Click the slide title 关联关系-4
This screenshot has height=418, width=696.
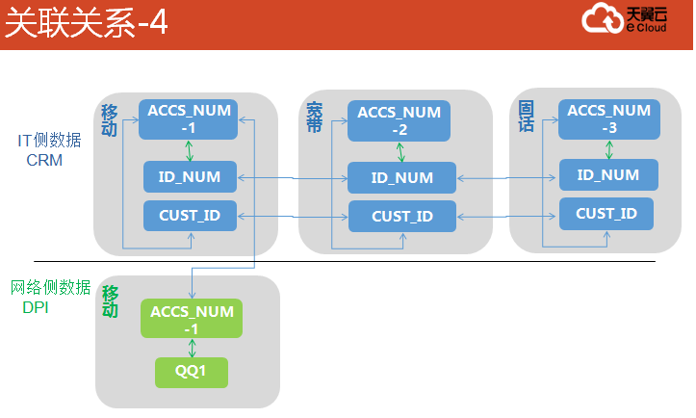86,23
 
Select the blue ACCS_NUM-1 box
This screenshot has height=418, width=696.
189,119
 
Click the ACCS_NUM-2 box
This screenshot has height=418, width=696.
399,120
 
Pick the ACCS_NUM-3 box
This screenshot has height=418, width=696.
609,119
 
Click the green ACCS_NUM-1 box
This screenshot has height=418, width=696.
192,319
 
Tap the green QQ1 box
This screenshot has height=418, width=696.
192,372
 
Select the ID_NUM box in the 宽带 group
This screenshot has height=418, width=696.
401,177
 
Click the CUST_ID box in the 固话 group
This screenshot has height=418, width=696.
606,214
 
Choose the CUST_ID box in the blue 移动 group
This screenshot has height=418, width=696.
190,216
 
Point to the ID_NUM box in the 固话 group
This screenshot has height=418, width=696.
608,175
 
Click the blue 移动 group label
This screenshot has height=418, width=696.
109,120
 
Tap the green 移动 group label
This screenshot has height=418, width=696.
110,301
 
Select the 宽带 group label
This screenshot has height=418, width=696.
314,118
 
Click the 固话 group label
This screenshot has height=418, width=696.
526,117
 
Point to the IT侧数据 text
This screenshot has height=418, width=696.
49,141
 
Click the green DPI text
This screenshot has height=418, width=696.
35,307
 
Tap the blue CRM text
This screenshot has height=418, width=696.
44,160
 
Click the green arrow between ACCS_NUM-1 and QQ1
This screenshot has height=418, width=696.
192,348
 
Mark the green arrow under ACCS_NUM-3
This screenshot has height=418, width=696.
609,149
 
